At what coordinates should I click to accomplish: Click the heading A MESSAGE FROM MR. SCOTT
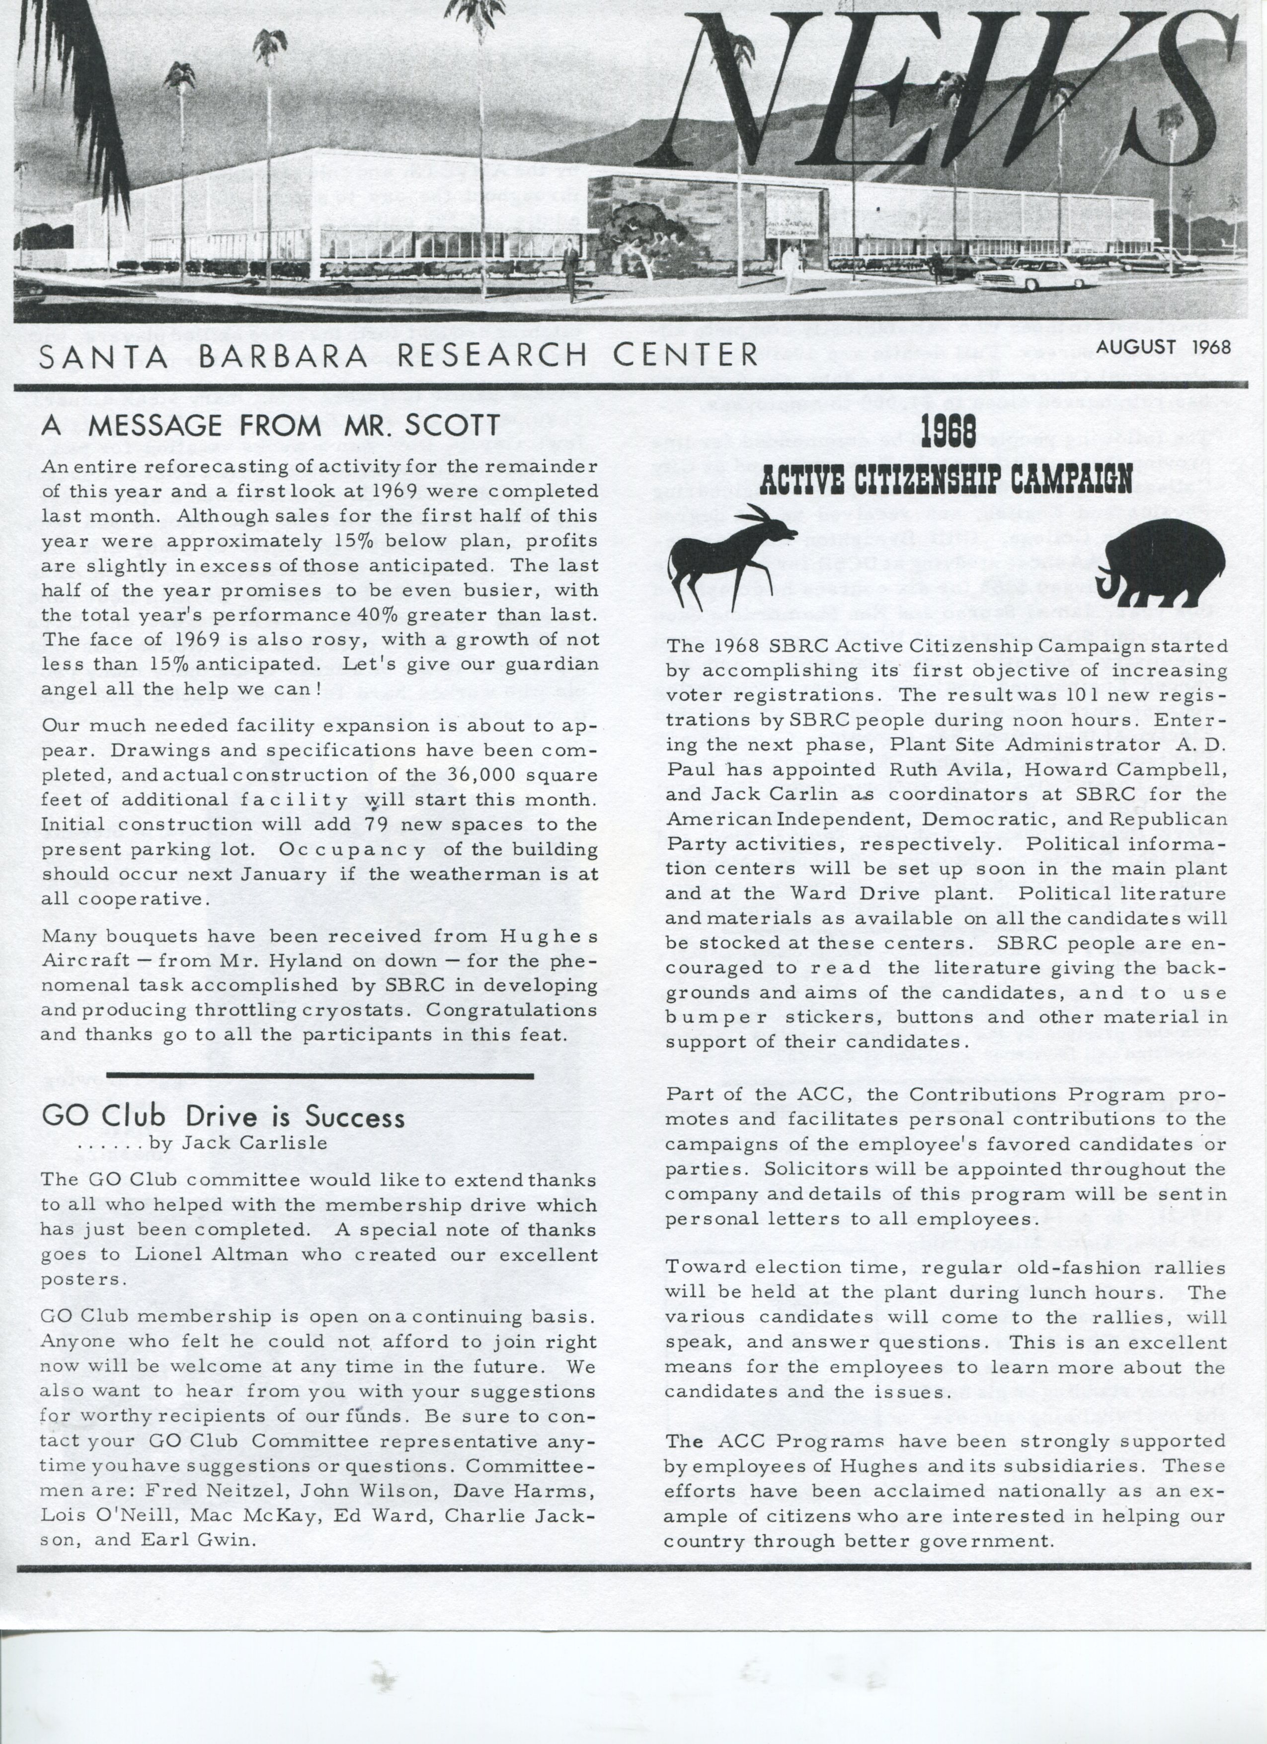point(271,425)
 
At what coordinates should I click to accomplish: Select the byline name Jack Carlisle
point(254,1143)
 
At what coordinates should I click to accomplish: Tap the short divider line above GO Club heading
point(320,1075)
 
